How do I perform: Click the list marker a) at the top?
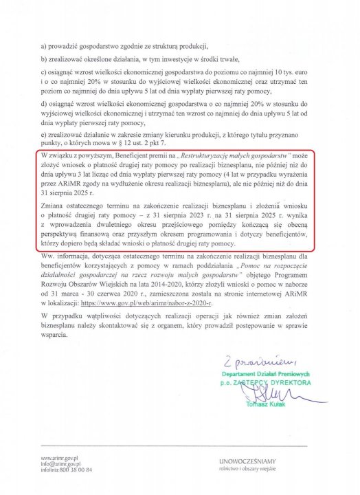[x=45, y=46]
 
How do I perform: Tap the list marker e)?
[x=45, y=135]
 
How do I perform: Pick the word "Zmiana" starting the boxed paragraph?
[x=57, y=206]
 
